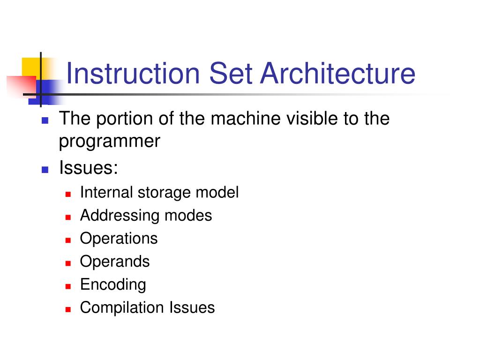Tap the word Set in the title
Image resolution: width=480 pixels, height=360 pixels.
228,74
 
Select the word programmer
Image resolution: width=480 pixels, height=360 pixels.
110,141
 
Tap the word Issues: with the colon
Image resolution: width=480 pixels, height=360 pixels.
88,167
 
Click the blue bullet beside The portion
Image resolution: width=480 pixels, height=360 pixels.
45,120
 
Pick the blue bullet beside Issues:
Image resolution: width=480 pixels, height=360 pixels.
45,169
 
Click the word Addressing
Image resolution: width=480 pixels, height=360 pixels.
120,216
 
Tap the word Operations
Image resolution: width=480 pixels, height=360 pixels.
119,239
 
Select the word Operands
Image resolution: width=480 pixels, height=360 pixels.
115,261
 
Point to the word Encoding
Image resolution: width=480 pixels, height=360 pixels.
113,285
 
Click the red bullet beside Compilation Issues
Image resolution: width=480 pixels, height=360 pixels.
68,309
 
